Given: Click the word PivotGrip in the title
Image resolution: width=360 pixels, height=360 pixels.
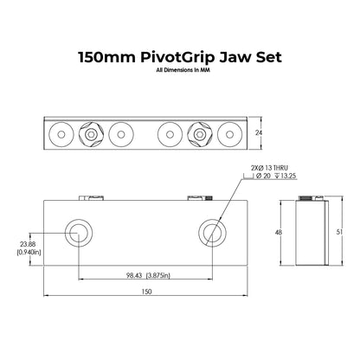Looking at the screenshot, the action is click(x=178, y=57).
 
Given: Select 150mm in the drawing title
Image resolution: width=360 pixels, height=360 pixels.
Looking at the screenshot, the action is click(x=107, y=57).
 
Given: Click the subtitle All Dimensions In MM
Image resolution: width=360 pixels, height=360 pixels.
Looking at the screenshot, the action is click(x=183, y=70).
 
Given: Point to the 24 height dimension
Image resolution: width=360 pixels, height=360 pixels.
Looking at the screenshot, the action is click(x=259, y=132).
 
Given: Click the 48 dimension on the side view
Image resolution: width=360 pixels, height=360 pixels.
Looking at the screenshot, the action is click(x=279, y=232).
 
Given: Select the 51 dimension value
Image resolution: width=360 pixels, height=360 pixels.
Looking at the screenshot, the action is click(x=339, y=232).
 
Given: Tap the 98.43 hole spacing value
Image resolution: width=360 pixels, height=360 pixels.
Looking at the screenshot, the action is click(x=134, y=275).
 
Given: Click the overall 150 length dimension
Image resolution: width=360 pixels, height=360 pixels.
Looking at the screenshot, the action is click(x=146, y=292).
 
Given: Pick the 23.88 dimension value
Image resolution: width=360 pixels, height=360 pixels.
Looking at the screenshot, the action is click(x=28, y=245).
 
